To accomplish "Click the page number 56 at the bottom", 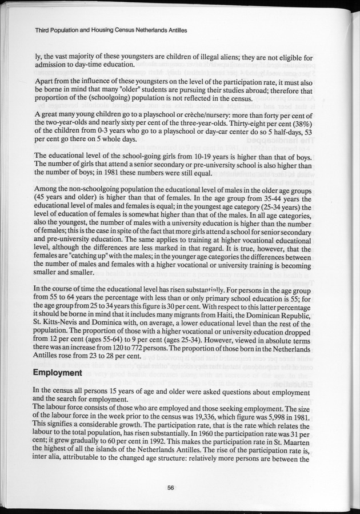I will [x=170, y=488].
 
